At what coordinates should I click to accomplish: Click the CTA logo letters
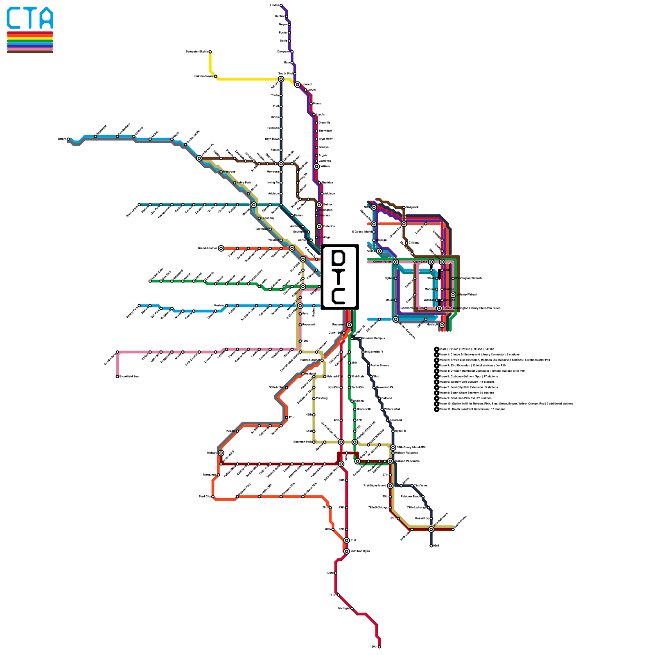click(x=30, y=18)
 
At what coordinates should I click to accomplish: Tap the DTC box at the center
click(x=340, y=277)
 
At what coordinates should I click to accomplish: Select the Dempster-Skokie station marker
click(x=210, y=52)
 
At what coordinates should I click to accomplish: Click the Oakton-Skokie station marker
click(x=216, y=77)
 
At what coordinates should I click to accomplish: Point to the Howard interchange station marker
click(x=297, y=85)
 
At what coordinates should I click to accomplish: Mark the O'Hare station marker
click(x=68, y=139)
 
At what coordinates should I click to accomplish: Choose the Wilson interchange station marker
click(x=316, y=167)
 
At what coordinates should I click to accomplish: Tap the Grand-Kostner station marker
click(x=221, y=248)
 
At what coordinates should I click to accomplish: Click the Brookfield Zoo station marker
click(x=117, y=377)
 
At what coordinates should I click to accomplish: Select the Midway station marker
click(x=221, y=453)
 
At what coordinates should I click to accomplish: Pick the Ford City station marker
click(x=213, y=497)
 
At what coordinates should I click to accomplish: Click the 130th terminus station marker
click(x=379, y=647)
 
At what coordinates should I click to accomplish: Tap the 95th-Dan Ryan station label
click(x=360, y=551)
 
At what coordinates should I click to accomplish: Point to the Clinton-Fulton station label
click(x=382, y=262)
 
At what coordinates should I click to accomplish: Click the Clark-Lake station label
click(x=420, y=262)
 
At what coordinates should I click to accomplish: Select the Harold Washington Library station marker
click(x=439, y=308)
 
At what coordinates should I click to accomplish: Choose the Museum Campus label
click(x=373, y=339)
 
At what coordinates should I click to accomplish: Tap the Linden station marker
click(x=281, y=5)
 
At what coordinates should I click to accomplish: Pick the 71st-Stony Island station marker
click(x=390, y=486)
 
